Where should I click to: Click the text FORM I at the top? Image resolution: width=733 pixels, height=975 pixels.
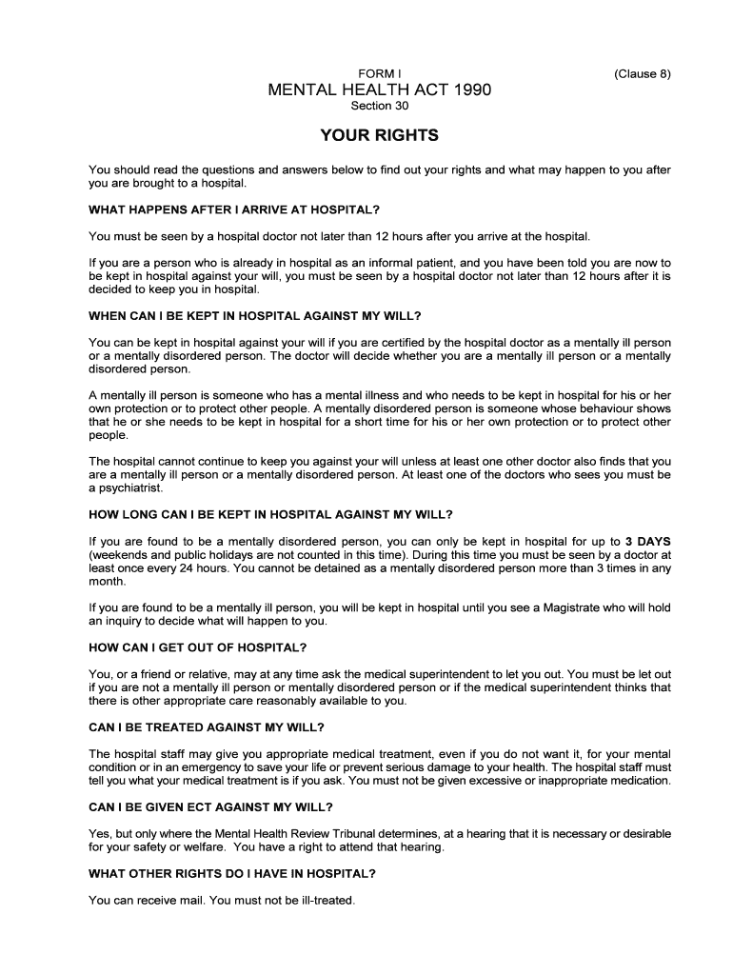[379, 73]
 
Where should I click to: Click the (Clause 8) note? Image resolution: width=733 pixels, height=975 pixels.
[643, 73]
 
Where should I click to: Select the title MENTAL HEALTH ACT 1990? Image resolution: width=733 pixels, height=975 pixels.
[379, 90]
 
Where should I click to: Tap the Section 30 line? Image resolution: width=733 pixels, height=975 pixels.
[379, 107]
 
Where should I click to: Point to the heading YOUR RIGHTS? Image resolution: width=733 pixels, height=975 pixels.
[379, 136]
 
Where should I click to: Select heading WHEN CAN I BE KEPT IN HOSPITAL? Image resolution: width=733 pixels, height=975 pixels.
[254, 316]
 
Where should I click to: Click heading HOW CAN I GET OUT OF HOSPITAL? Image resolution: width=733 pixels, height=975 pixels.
[198, 648]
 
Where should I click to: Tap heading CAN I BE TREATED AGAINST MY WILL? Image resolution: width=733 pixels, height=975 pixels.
[207, 728]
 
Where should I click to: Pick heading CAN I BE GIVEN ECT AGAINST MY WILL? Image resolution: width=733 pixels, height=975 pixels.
[210, 807]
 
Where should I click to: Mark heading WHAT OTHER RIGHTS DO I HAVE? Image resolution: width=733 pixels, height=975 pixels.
[231, 873]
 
